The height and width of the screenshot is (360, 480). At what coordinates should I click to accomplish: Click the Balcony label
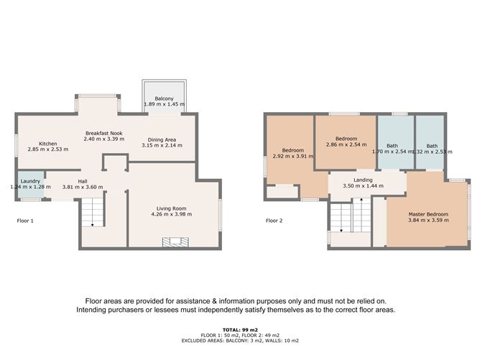(x=164, y=98)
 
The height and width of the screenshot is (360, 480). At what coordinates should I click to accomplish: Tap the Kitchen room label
(x=47, y=144)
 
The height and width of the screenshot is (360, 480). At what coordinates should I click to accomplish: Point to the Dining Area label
(x=162, y=139)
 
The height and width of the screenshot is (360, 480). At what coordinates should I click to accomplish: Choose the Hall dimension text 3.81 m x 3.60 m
(x=83, y=187)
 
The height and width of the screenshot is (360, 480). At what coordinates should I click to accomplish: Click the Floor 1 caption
(x=25, y=221)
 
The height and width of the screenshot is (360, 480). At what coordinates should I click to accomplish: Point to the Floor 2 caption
(x=274, y=221)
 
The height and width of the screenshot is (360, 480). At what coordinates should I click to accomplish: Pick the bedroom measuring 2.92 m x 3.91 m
(x=288, y=152)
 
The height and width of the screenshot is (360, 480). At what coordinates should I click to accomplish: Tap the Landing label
(x=362, y=180)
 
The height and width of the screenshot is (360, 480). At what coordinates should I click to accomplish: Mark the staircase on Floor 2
(x=351, y=216)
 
